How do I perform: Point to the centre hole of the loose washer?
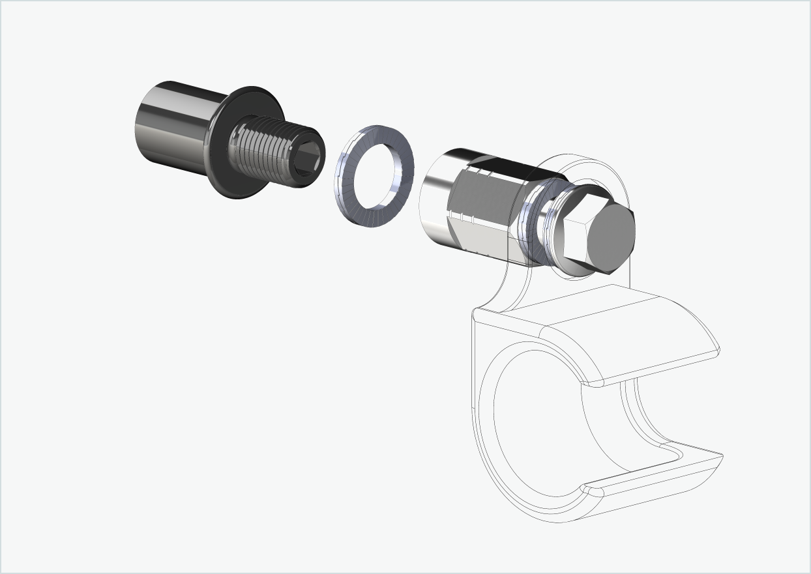(376, 176)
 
